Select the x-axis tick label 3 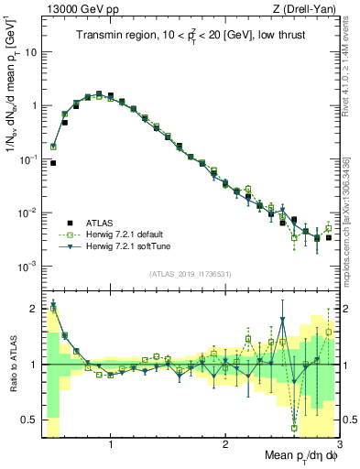coord(338,444)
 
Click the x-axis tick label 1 coord(111,444)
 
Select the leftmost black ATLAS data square coord(53,163)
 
